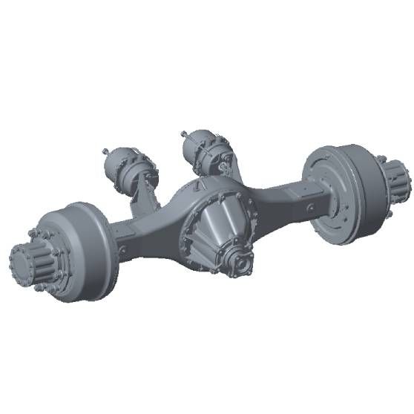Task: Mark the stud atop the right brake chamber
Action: tap(183, 134)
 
